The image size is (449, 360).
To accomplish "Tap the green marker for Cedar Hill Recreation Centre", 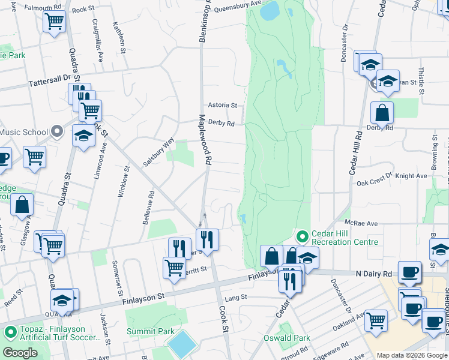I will click(x=303, y=236).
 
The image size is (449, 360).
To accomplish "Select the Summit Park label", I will click(x=150, y=331).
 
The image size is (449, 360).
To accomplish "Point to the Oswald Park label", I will click(x=287, y=338).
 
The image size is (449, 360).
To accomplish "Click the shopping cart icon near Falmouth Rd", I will click(x=54, y=22).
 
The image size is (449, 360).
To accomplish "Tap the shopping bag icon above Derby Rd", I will click(x=382, y=112).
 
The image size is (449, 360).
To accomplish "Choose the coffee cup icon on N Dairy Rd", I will click(x=410, y=271).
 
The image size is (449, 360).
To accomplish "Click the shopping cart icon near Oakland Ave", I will click(x=376, y=320).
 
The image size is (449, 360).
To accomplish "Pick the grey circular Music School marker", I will click(x=57, y=131).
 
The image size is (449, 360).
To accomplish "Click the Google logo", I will click(x=20, y=353).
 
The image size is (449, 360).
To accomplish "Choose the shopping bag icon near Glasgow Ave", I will click(x=22, y=205).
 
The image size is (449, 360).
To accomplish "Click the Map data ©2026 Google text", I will click(x=412, y=355).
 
